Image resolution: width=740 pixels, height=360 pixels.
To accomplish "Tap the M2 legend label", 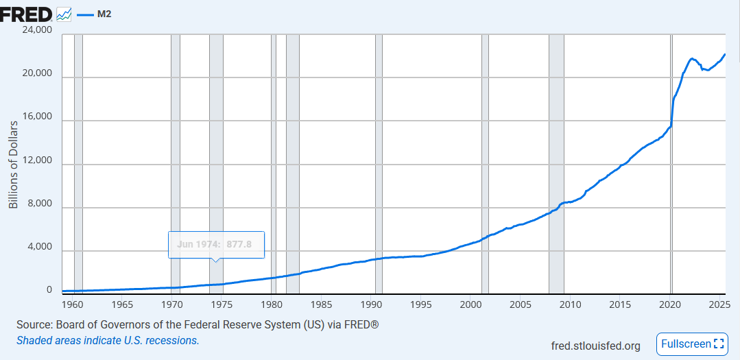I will (105, 13).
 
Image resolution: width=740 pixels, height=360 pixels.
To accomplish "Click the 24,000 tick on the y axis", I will (38, 30).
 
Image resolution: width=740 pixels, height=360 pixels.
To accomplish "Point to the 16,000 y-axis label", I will (38, 117).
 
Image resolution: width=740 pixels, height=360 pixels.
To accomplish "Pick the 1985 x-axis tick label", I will (321, 304).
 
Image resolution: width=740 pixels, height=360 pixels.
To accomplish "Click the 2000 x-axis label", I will (470, 304).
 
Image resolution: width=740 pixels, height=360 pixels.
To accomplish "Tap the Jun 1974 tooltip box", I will (215, 244).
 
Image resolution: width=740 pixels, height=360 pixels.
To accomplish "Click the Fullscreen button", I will (693, 344).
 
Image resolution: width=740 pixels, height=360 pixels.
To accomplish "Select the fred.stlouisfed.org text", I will (595, 346).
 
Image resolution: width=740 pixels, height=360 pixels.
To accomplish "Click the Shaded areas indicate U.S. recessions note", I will (108, 340).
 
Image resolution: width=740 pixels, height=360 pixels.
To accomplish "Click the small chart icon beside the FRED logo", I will (64, 13).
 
